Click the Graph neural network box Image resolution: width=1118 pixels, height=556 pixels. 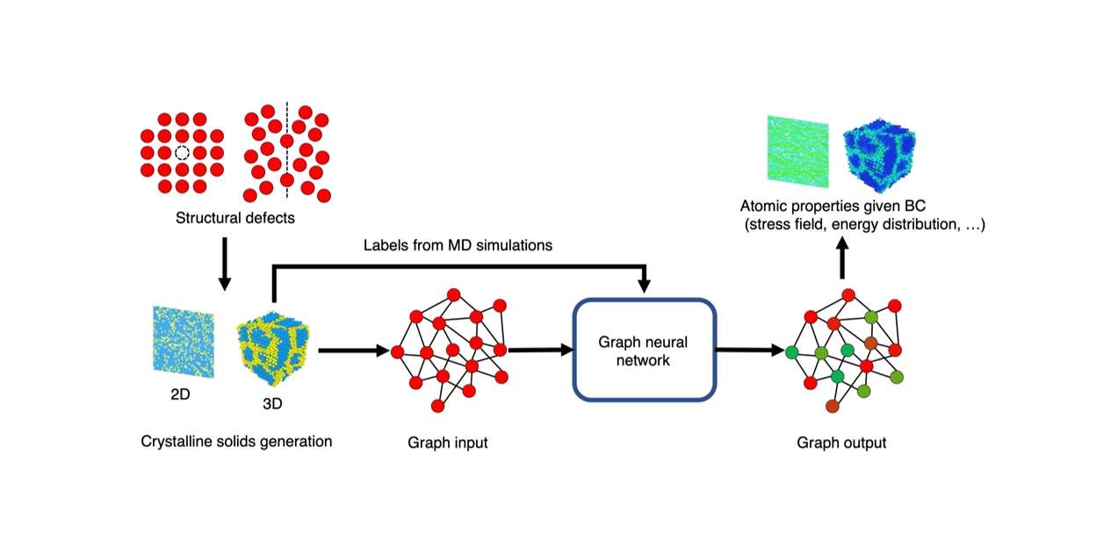pyautogui.click(x=645, y=350)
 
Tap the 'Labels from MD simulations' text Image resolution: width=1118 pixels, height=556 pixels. pyautogui.click(x=458, y=245)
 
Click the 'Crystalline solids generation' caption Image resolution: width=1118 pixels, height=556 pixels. pyautogui.click(x=236, y=441)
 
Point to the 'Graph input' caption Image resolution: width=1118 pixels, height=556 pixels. pyautogui.click(x=447, y=443)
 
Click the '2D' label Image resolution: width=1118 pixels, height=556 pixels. pyautogui.click(x=181, y=395)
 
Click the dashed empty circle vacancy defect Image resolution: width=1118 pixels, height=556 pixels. pyautogui.click(x=182, y=153)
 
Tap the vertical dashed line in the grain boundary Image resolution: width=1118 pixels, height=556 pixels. pyautogui.click(x=287, y=149)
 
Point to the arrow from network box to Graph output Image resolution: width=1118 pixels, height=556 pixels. pyautogui.click(x=749, y=350)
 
